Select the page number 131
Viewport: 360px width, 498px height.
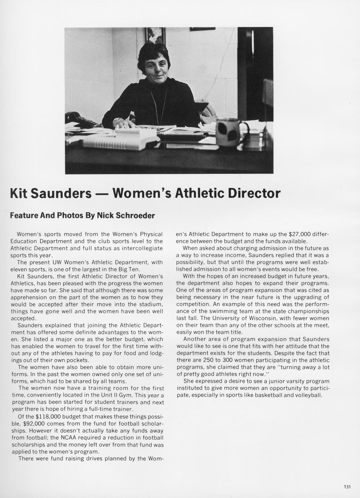tap(347, 487)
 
